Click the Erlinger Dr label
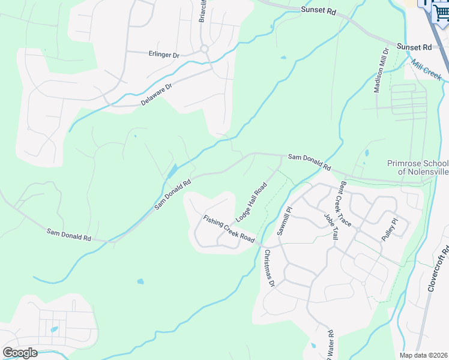tap(164, 55)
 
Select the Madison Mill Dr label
tap(381, 70)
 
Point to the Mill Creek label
tap(427, 70)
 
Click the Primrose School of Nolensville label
tap(417, 168)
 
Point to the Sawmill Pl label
tap(284, 221)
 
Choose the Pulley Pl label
tap(390, 230)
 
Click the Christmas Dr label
tap(268, 268)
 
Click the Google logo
tap(19, 352)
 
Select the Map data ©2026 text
tap(424, 355)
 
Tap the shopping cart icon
tap(442, 13)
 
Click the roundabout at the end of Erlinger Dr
tap(204, 49)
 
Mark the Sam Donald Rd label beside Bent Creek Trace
tap(309, 161)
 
